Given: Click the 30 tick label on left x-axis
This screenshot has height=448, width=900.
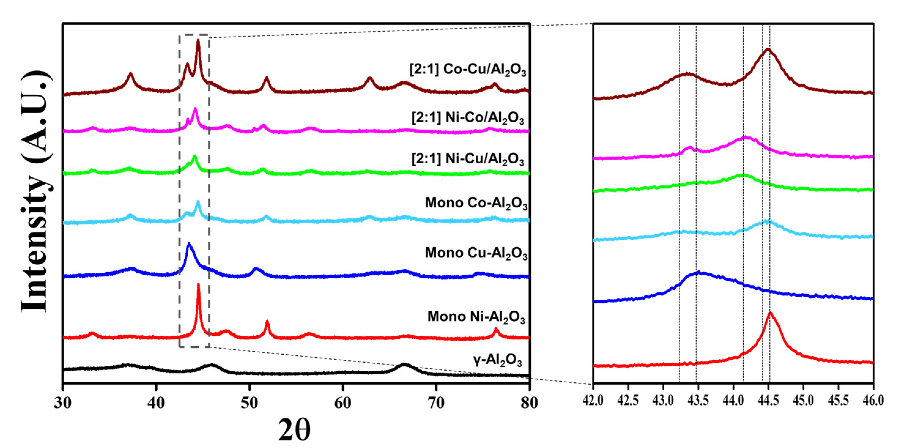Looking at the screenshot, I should click(63, 403).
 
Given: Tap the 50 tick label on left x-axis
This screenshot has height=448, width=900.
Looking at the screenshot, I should click(249, 403).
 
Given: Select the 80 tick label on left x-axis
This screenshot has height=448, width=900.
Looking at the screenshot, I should click(529, 403).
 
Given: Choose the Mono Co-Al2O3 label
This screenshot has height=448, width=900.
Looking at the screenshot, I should click(476, 203).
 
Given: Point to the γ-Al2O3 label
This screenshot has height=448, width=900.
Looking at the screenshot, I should click(497, 360).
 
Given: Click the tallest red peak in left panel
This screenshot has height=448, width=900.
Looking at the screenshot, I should click(198, 285).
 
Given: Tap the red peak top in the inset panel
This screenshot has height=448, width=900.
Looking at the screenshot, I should click(770, 313).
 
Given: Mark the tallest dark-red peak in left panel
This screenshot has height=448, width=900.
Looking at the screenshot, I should click(198, 41).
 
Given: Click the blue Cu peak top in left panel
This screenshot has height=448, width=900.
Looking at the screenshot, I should click(189, 243).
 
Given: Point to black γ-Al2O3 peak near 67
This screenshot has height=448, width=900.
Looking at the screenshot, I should click(404, 365).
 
